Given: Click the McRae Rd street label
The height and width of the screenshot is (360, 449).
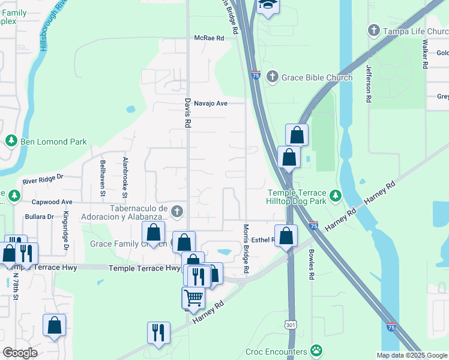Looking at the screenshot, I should (x=208, y=38).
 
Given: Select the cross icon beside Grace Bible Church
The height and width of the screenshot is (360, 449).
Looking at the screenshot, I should (x=272, y=77).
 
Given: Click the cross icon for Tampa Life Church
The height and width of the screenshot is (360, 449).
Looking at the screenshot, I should (x=373, y=31).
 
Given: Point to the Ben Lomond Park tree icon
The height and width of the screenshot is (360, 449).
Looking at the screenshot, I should (x=11, y=141).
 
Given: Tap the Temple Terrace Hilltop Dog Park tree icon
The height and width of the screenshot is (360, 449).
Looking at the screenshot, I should (x=336, y=195).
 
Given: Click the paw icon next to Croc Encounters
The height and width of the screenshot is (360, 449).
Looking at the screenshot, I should (x=316, y=350).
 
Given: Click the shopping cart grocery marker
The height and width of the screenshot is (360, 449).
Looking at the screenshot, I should (x=193, y=298).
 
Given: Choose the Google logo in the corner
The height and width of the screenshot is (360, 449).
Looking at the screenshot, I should (x=20, y=353).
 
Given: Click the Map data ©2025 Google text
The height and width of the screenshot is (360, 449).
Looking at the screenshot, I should (x=411, y=355).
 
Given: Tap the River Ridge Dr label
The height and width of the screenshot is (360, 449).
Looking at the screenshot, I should (x=43, y=179).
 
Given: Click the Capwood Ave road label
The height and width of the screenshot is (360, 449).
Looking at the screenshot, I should (x=52, y=202).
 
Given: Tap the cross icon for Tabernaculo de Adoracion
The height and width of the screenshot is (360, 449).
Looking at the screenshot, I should (x=176, y=211).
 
